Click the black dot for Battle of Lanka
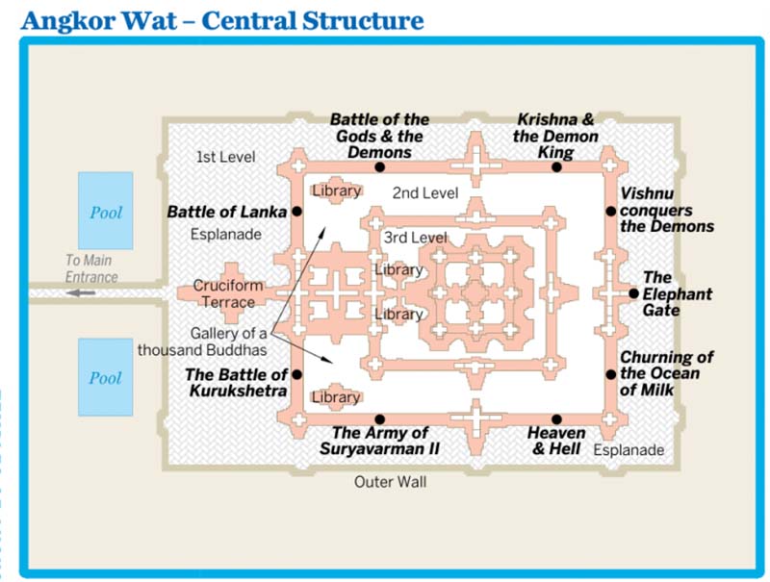pyautogui.click(x=296, y=212)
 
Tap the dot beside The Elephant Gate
pyautogui.click(x=633, y=293)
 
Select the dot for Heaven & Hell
pyautogui.click(x=556, y=419)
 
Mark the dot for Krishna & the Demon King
pyautogui.click(x=556, y=167)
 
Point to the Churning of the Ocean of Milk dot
pyautogui.click(x=610, y=374)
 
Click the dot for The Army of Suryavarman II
pyautogui.click(x=379, y=419)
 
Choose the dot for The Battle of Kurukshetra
pyautogui.click(x=296, y=374)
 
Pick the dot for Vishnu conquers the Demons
pyautogui.click(x=610, y=212)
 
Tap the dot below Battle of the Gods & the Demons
pyautogui.click(x=379, y=167)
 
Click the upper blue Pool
pyautogui.click(x=106, y=211)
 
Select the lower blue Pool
pyautogui.click(x=106, y=377)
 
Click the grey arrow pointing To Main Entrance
pyautogui.click(x=81, y=293)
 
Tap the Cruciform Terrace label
pyautogui.click(x=228, y=293)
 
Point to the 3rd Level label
pyautogui.click(x=416, y=238)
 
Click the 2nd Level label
pyautogui.click(x=425, y=192)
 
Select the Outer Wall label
pyautogui.click(x=391, y=482)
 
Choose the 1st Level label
pyautogui.click(x=226, y=157)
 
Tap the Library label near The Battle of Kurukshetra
pyautogui.click(x=336, y=397)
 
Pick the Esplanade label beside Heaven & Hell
pyautogui.click(x=629, y=450)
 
